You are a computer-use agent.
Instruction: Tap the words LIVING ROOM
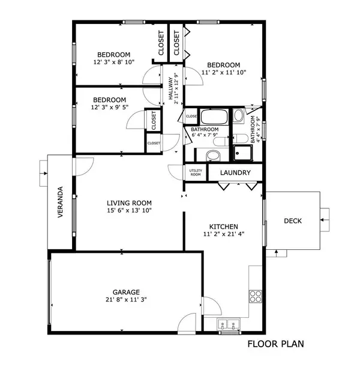pos(129,202)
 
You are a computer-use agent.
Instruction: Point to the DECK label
pos(293,221)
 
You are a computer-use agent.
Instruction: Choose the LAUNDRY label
pos(235,173)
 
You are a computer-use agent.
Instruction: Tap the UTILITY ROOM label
pos(196,172)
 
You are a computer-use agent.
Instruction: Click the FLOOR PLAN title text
pos(276,344)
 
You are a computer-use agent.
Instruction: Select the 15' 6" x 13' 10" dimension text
pos(129,211)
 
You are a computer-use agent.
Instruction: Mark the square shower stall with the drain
pos(242,153)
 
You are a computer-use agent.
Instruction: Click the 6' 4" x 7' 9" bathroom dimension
pos(205,136)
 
